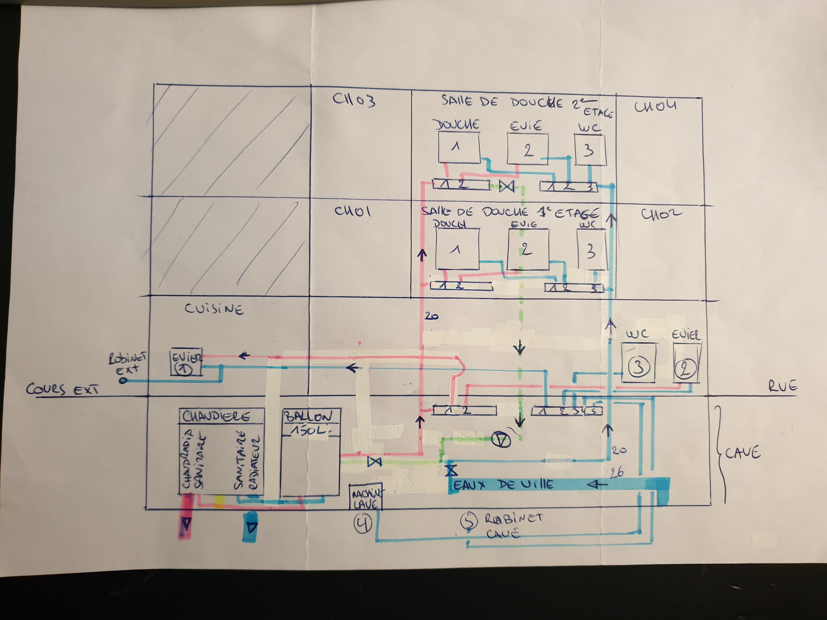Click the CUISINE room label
(x=214, y=309)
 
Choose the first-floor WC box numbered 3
(x=592, y=250)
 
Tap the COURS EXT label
(x=62, y=389)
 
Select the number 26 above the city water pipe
(x=617, y=473)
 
